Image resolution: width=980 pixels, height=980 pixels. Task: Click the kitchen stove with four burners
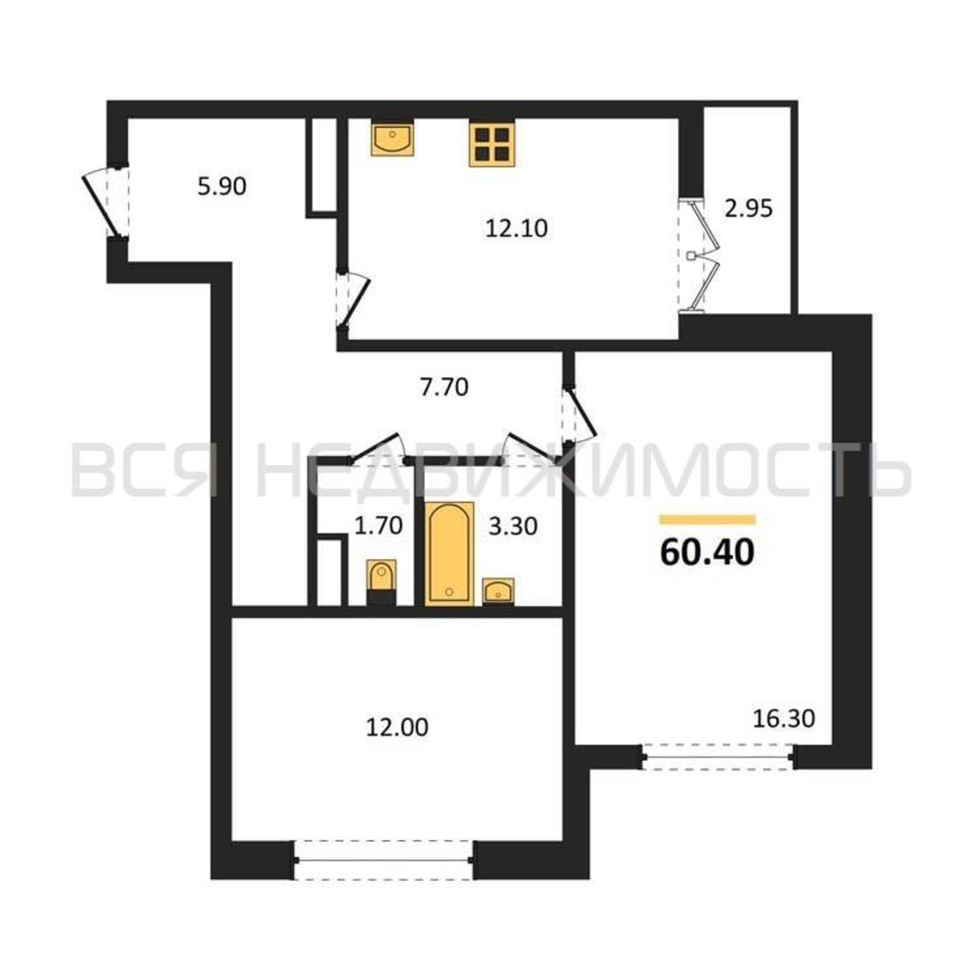492,145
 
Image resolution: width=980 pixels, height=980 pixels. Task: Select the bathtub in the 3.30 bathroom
449,554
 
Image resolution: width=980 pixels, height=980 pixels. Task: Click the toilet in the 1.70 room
381,582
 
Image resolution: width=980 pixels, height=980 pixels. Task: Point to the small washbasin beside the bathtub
498,591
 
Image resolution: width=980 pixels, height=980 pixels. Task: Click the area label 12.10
516,229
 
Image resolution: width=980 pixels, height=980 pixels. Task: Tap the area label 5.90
221,187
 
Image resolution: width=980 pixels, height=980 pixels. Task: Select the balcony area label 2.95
748,208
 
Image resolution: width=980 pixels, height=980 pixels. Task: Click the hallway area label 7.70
444,388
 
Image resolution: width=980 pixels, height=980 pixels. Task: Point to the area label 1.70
378,525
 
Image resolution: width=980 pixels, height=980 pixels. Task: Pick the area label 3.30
513,527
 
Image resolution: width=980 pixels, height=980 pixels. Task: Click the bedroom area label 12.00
397,727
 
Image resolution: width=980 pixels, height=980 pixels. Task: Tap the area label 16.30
784,718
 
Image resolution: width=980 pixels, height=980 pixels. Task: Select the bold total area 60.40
708,552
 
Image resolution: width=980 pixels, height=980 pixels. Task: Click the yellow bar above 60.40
707,519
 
